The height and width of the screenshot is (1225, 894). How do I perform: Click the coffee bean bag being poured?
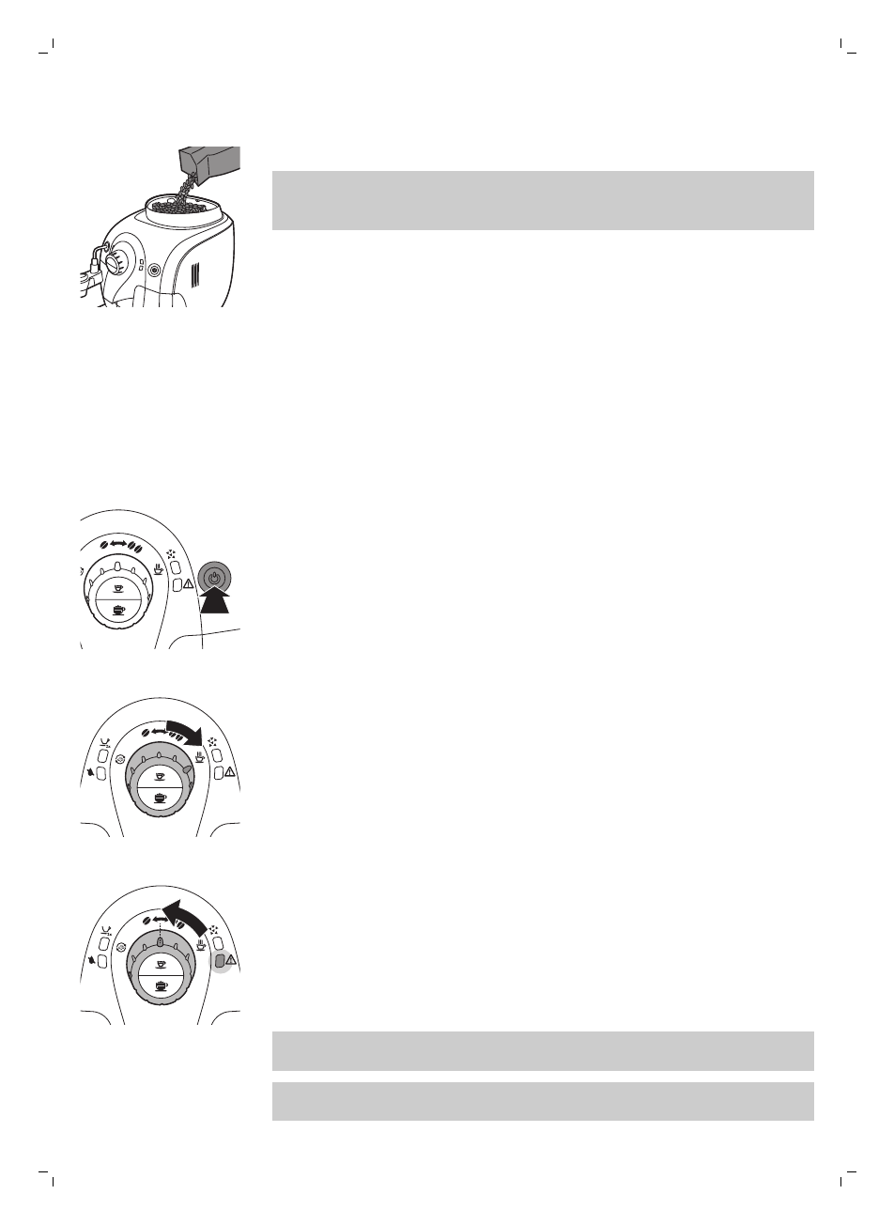coord(211,162)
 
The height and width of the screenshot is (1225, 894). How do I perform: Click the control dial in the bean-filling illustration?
coord(115,260)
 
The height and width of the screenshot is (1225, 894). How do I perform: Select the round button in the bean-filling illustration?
coord(154,266)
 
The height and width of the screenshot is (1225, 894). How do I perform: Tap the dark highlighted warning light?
coord(218,960)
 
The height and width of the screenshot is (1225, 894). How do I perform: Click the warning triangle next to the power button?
coord(190,584)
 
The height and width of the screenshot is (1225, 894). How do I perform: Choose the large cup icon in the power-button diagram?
coord(118,611)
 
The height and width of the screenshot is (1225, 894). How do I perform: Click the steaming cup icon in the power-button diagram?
coord(160,567)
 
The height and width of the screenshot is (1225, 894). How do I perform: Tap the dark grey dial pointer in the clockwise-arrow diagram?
coord(188,768)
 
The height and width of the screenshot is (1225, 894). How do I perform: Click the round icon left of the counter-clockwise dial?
coord(118,947)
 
